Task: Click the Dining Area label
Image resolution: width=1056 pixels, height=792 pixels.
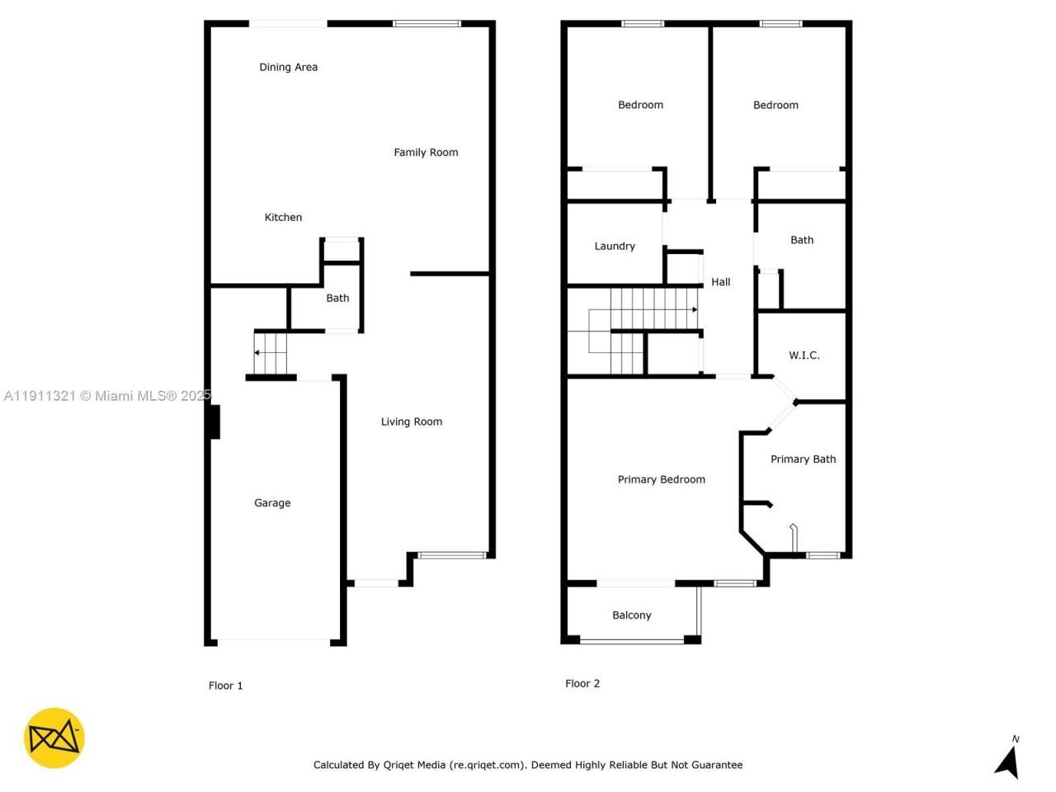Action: pyautogui.click(x=288, y=67)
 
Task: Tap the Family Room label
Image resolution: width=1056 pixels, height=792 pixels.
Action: pyautogui.click(x=426, y=152)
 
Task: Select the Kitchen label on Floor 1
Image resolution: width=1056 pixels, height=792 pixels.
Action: pyautogui.click(x=283, y=217)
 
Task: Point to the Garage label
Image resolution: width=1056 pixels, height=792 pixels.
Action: pyautogui.click(x=272, y=502)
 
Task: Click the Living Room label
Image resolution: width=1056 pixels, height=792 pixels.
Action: pyautogui.click(x=411, y=422)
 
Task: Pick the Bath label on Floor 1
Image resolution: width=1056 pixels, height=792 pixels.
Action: pyautogui.click(x=337, y=298)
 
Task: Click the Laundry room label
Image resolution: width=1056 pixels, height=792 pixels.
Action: pyautogui.click(x=615, y=246)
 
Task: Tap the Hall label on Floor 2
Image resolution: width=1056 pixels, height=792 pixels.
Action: pyautogui.click(x=720, y=281)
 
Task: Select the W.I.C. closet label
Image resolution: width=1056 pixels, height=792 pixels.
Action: pyautogui.click(x=804, y=355)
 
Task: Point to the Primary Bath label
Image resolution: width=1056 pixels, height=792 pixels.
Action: pyautogui.click(x=803, y=459)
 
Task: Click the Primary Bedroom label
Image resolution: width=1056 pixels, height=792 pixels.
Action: pyautogui.click(x=661, y=479)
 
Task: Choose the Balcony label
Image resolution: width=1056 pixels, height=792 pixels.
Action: pyautogui.click(x=631, y=615)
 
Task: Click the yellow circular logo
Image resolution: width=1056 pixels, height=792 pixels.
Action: pyautogui.click(x=54, y=738)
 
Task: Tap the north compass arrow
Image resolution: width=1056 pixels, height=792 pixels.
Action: pyautogui.click(x=1007, y=761)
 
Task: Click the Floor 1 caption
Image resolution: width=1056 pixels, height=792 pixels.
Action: pyautogui.click(x=225, y=686)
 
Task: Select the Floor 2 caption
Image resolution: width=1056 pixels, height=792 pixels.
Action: pyautogui.click(x=582, y=683)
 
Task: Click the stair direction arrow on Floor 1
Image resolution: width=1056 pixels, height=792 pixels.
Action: pyautogui.click(x=257, y=353)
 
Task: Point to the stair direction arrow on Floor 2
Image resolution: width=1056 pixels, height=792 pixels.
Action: pyautogui.click(x=695, y=309)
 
